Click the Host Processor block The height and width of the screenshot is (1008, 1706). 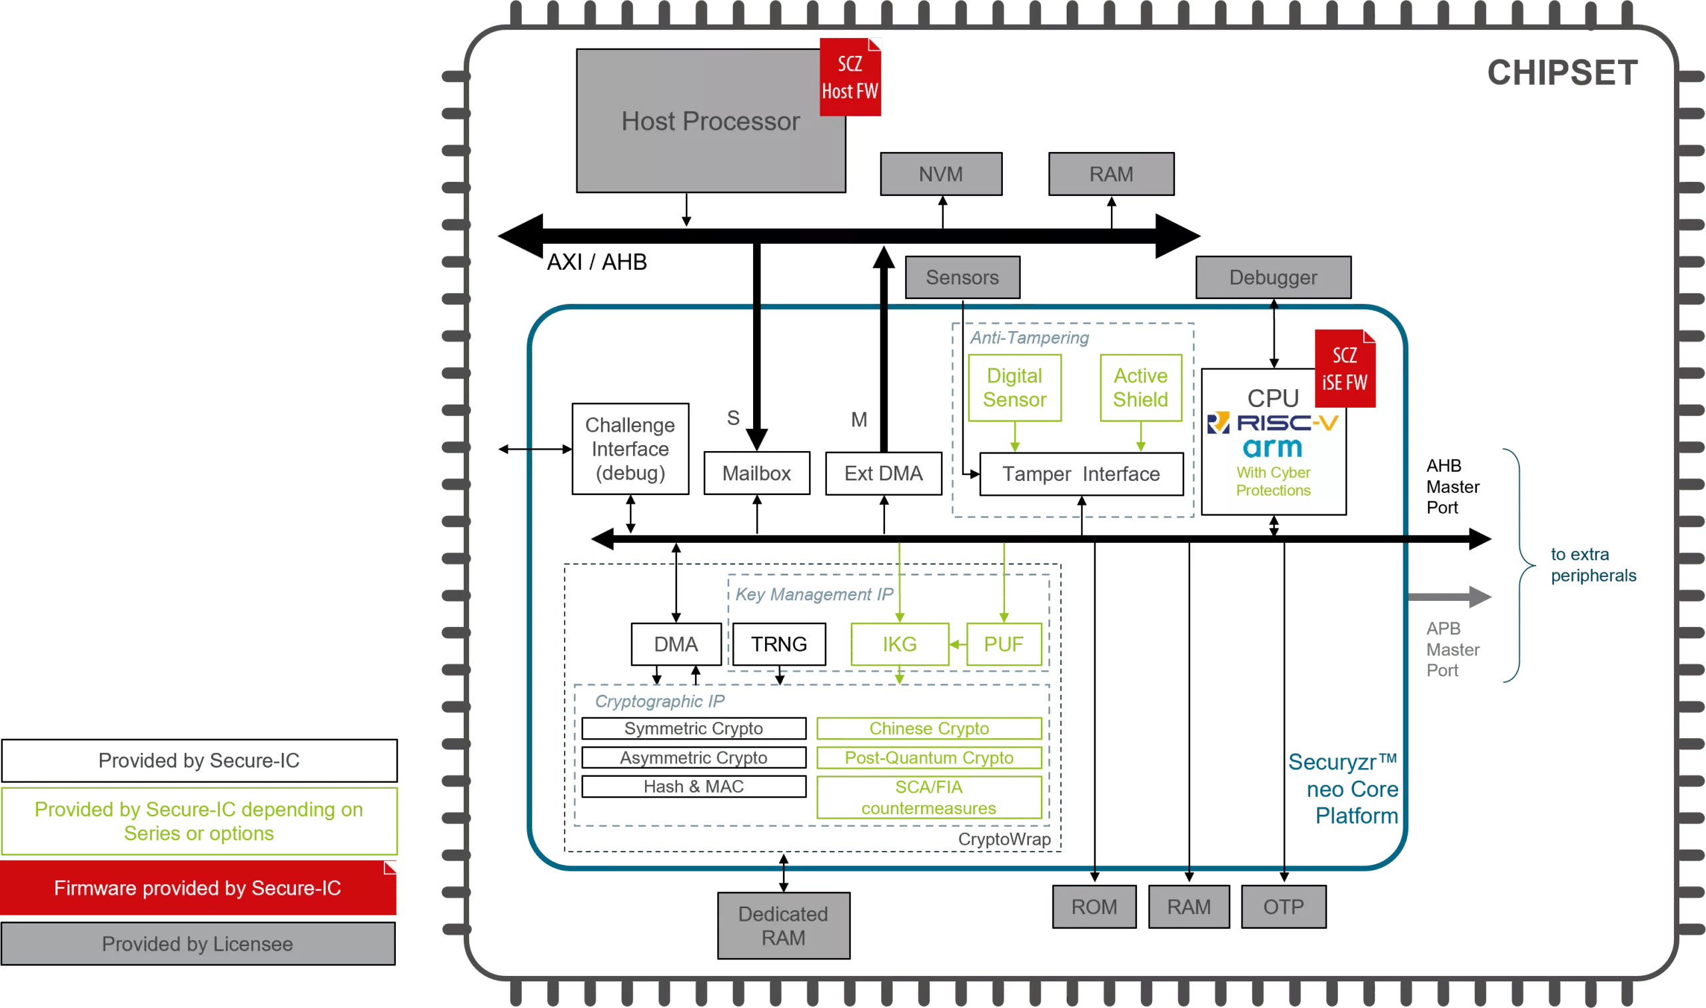710,121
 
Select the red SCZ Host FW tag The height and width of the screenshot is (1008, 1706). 850,77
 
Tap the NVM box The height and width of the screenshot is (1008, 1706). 941,175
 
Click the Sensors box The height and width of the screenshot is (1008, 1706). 962,277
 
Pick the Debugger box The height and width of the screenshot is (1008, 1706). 1274,277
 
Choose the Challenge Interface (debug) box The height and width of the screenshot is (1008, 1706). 630,449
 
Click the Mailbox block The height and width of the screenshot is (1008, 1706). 756,473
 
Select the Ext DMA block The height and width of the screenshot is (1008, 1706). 883,473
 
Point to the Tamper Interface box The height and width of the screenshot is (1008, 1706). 1081,474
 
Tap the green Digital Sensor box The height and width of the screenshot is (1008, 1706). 1015,388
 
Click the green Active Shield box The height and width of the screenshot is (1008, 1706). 1141,388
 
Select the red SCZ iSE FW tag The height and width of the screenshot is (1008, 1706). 1345,369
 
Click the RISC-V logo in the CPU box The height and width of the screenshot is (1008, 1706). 1274,423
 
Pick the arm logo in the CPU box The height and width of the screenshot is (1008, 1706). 1273,448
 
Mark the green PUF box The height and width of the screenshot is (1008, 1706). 1004,644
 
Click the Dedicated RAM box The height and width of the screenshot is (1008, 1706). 783,925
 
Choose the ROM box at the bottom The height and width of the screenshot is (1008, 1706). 1094,907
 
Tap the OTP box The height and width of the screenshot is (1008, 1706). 1283,907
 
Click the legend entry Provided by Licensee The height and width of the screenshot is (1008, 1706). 198,943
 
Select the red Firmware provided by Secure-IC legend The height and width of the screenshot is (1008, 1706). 198,888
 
